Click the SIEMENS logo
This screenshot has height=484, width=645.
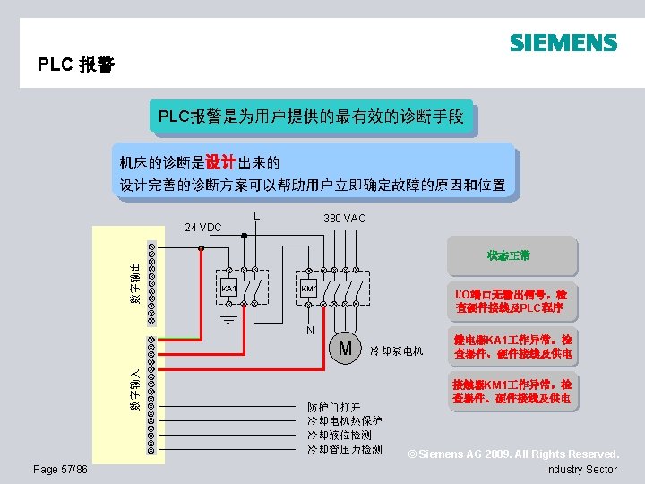(x=563, y=43)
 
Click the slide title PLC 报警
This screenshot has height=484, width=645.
(x=76, y=65)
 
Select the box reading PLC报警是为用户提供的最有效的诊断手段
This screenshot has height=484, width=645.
(x=311, y=117)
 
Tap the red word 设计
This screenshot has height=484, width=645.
(x=220, y=162)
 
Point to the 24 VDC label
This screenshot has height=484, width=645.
(x=202, y=227)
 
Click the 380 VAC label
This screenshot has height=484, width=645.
(x=344, y=219)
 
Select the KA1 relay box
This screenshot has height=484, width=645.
(x=228, y=288)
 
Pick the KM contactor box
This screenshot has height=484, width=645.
(x=306, y=288)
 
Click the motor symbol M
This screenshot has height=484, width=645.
(x=345, y=348)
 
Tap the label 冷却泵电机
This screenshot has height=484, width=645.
(x=397, y=350)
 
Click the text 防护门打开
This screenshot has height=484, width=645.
(x=334, y=407)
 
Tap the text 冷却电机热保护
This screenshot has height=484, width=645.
(x=345, y=421)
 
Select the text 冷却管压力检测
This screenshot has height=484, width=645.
(x=345, y=449)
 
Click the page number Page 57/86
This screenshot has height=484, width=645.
(x=60, y=470)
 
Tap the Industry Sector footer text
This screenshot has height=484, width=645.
(x=580, y=470)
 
